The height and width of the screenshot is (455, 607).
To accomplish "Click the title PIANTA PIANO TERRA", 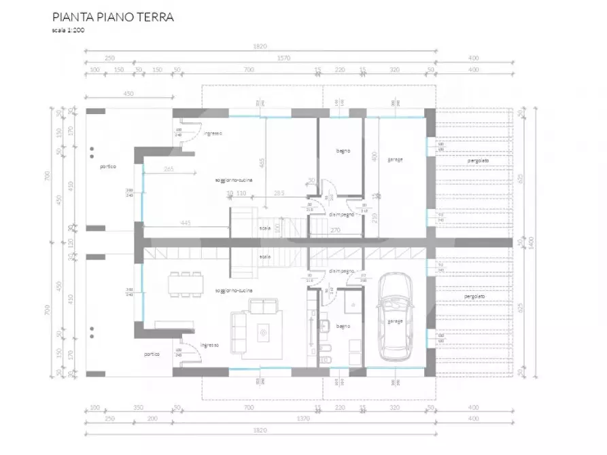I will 113,17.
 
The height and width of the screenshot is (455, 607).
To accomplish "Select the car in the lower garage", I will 396,316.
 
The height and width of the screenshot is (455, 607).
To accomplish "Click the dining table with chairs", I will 186,284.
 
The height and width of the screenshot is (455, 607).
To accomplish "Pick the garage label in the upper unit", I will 395,160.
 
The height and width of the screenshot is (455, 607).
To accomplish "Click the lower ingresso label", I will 210,346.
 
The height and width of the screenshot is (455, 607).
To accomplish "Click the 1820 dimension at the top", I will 260,47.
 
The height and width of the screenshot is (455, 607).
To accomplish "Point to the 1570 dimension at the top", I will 283,58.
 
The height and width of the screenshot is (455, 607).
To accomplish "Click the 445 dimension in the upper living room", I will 185,222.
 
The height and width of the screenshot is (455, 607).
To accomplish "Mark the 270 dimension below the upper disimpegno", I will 336,230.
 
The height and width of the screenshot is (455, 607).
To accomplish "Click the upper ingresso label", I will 213,133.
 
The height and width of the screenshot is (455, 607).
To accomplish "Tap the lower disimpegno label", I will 341,271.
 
